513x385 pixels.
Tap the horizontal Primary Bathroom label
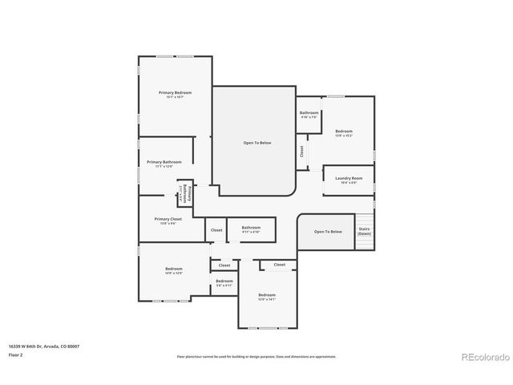coord(164,163)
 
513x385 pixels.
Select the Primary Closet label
coord(168,220)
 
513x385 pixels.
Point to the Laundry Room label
coord(348,179)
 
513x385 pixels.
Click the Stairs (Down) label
coord(364,231)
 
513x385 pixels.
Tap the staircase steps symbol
coord(365,221)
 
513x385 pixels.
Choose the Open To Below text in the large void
coord(257,143)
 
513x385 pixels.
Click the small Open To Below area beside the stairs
coord(328,231)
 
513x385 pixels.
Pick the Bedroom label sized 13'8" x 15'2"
coord(344,132)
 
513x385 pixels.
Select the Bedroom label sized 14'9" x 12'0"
coord(174,270)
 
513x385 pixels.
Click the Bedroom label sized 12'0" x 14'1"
coord(267,296)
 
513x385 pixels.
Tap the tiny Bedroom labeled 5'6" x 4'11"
coord(224,282)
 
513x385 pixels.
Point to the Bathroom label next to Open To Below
coord(309,114)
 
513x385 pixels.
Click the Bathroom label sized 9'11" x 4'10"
coord(251,229)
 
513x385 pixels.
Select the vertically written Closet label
coord(301,150)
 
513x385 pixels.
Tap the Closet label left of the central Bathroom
coord(216,230)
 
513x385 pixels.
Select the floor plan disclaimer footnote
coord(256,356)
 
